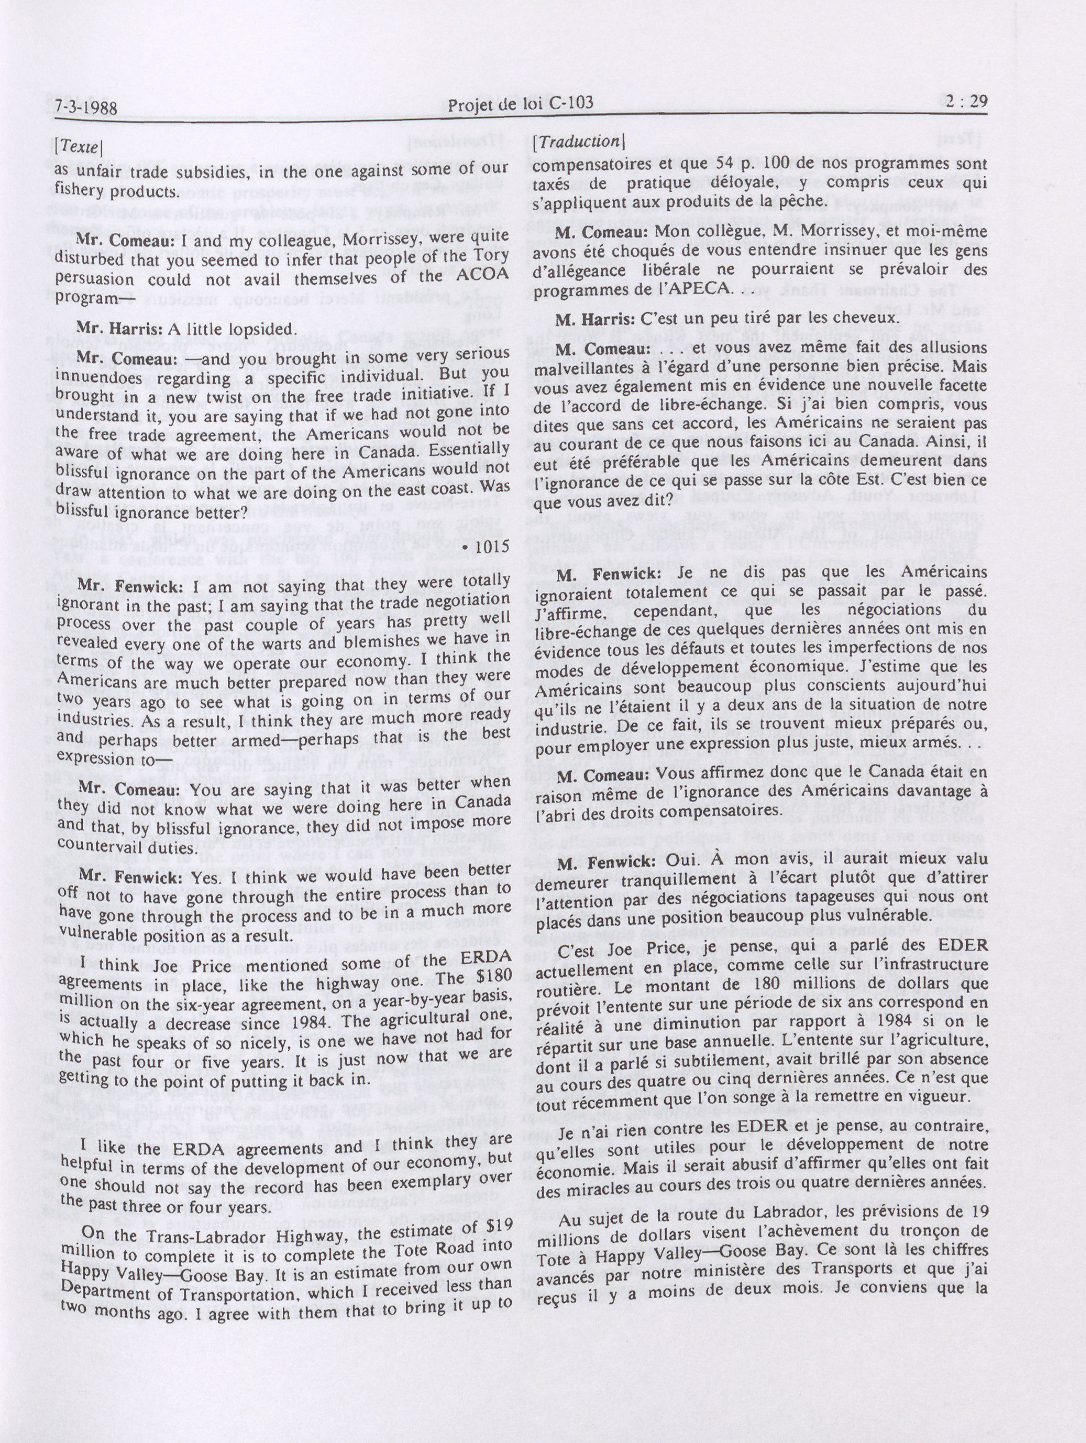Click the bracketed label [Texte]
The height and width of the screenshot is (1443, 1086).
78,148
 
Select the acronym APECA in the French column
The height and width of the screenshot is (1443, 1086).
698,289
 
